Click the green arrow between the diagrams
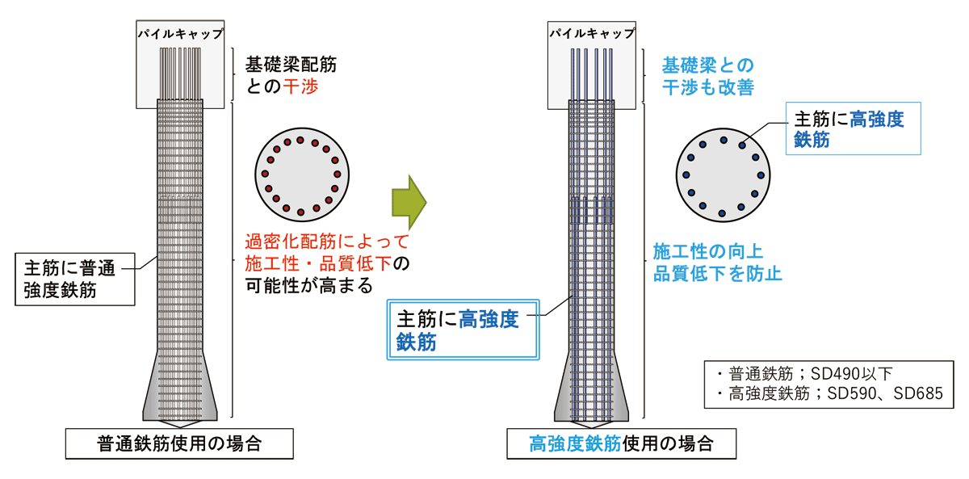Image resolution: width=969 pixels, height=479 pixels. [409, 203]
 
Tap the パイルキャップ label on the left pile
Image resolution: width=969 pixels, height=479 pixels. [180, 34]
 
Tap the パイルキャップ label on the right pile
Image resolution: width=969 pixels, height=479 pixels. [592, 34]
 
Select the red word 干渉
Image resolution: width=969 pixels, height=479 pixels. [300, 86]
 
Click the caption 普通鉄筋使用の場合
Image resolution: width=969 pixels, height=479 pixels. [179, 443]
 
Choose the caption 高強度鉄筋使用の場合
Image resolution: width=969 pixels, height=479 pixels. [621, 443]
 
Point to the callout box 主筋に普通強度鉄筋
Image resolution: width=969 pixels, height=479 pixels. [75, 279]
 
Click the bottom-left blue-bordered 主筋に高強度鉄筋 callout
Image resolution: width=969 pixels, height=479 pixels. [463, 330]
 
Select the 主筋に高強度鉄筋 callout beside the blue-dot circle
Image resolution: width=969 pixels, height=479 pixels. [853, 128]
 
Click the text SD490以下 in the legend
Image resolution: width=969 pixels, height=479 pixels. [851, 374]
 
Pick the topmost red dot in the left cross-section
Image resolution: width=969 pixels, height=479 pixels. [300, 141]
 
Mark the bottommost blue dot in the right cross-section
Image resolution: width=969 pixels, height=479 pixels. [722, 213]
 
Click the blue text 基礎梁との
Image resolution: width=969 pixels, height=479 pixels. [707, 65]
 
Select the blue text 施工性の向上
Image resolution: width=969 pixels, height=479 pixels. [707, 251]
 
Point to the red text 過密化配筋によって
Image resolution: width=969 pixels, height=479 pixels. [326, 242]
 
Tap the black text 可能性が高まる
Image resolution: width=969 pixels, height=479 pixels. [308, 286]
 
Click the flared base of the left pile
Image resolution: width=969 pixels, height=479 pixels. [180, 387]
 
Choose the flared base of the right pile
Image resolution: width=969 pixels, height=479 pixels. [591, 387]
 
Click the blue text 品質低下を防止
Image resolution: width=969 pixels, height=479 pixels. [717, 274]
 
